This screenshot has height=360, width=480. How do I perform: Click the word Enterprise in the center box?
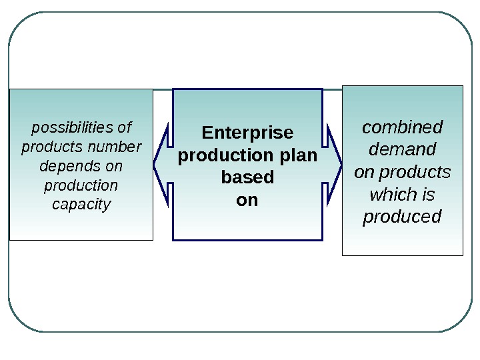(x=247, y=132)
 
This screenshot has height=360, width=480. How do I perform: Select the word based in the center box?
(x=247, y=178)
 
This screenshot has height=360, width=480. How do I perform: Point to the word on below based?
(x=247, y=200)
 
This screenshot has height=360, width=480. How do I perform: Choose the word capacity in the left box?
(x=81, y=204)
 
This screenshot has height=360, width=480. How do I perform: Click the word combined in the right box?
(x=402, y=127)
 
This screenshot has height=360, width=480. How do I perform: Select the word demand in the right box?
(x=402, y=149)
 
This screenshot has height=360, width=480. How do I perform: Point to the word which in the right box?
(x=391, y=195)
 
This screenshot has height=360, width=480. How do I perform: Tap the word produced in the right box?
(x=402, y=217)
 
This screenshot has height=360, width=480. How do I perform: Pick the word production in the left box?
(x=81, y=185)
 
